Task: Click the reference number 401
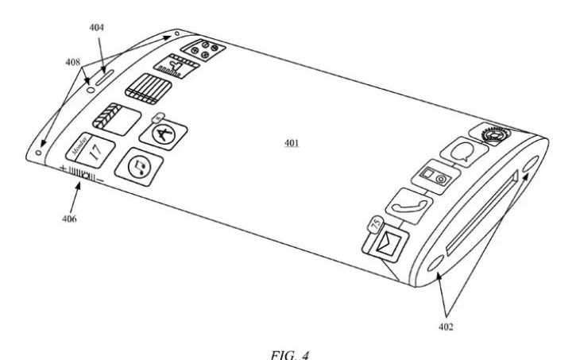pyautogui.click(x=292, y=145)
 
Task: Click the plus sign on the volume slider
pyautogui.click(x=63, y=169)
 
